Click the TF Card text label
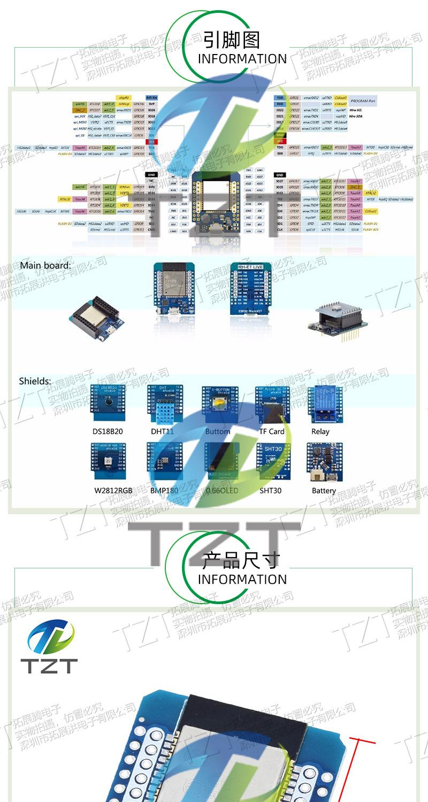[272, 431]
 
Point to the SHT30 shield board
[273, 461]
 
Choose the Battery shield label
[324, 490]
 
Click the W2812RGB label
[113, 490]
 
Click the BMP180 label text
[164, 490]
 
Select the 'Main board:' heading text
[45, 265]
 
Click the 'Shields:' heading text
[35, 381]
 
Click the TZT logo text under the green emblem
[49, 666]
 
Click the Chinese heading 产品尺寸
[241, 560]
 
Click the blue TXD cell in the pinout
[279, 98]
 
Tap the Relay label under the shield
[320, 431]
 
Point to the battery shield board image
[324, 461]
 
